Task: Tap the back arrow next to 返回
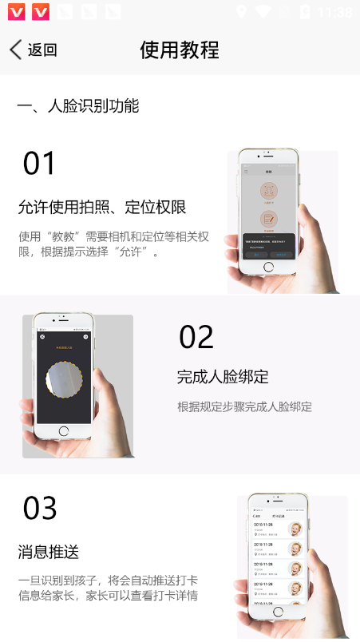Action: tap(15, 50)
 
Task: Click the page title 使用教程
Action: tap(180, 50)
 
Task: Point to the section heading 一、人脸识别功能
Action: tap(78, 106)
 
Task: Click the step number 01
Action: tap(39, 164)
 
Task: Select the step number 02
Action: tap(196, 337)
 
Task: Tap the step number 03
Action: tap(40, 509)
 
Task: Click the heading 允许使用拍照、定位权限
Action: tap(102, 208)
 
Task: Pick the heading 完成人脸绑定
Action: tap(223, 377)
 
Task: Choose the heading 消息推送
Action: tap(49, 552)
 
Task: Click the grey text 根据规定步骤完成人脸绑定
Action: tap(244, 407)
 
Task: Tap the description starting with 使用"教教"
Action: tap(113, 244)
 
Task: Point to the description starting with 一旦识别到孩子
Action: tap(108, 588)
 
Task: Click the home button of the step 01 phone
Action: tap(268, 267)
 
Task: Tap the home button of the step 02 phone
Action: tap(64, 431)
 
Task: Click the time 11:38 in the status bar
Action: tap(334, 12)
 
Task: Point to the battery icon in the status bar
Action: tap(304, 12)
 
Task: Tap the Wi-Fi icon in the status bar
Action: tap(263, 12)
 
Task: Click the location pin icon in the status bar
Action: tap(242, 12)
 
